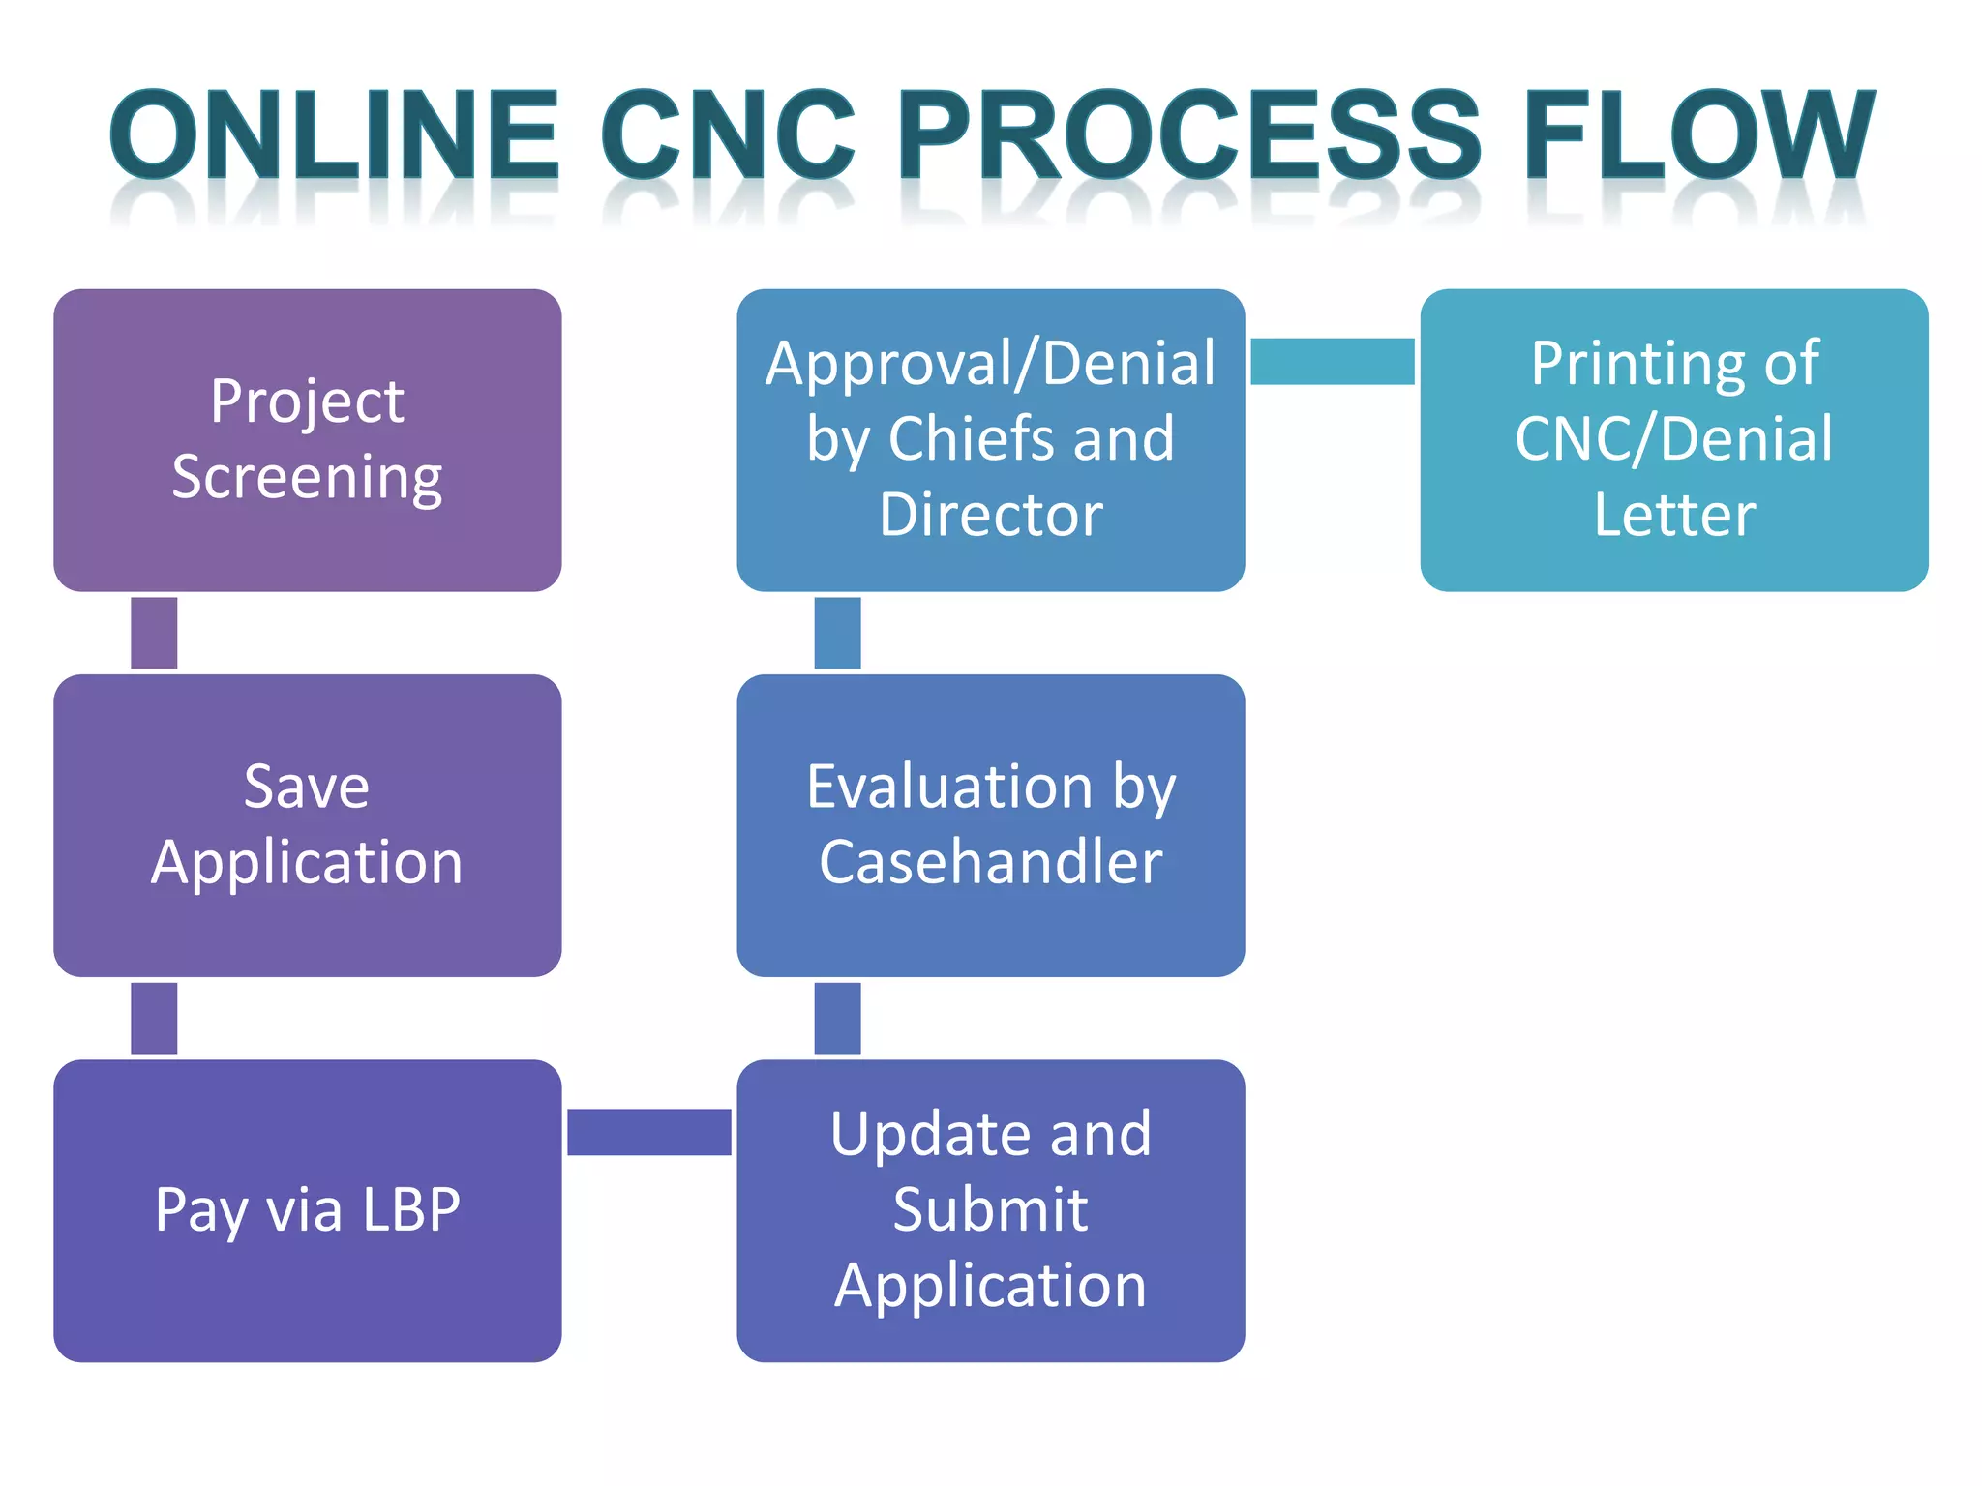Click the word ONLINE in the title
[335, 135]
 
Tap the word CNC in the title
[728, 135]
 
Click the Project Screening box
[307, 440]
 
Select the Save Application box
[307, 825]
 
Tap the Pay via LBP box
[307, 1210]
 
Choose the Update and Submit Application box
[990, 1210]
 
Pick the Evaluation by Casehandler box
[990, 825]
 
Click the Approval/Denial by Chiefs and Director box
[990, 440]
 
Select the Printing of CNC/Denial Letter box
[1673, 440]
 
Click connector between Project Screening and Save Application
[154, 633]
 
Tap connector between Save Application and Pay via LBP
[154, 1018]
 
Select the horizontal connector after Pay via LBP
[648, 1132]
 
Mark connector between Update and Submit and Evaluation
[837, 1018]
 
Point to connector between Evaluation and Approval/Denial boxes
[837, 633]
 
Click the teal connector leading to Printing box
[1332, 361]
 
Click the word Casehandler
[990, 862]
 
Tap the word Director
[990, 514]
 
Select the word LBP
[410, 1209]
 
